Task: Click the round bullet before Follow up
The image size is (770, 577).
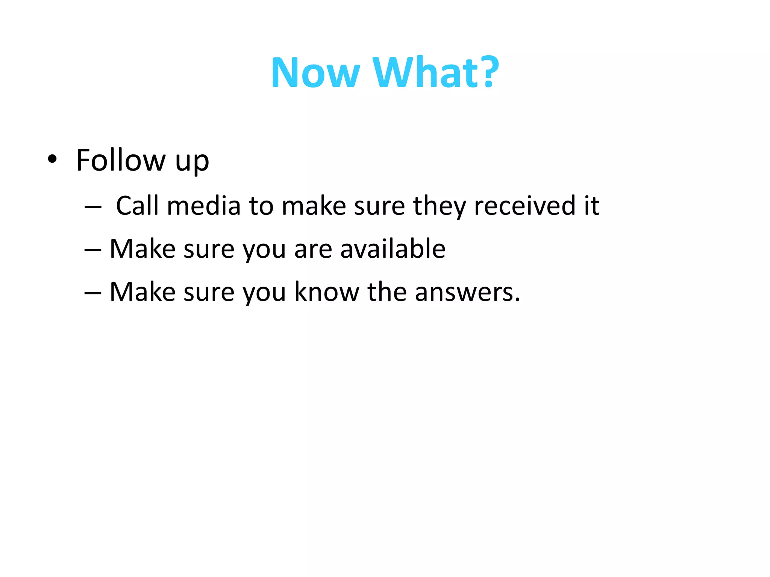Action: [52, 159]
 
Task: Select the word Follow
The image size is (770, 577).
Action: [121, 160]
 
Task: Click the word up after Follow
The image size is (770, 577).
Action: [192, 162]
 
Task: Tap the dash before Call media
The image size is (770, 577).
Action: [93, 207]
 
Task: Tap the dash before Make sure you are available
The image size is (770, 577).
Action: [93, 249]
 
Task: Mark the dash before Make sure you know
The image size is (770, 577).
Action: [93, 293]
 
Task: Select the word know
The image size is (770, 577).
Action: [327, 292]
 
